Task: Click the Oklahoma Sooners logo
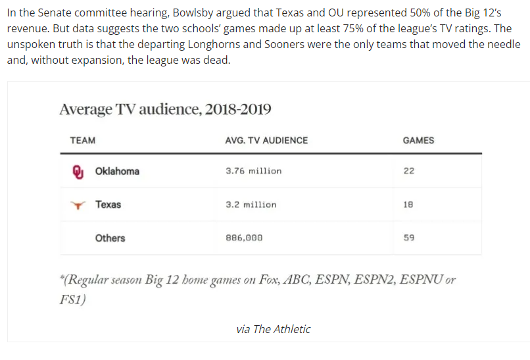(x=78, y=171)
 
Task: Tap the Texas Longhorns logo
(x=78, y=205)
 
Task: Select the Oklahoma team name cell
(x=117, y=171)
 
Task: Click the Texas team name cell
(x=108, y=205)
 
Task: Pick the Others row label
(x=110, y=238)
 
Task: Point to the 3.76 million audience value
(x=253, y=171)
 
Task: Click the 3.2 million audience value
(x=251, y=205)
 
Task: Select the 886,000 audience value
(x=244, y=238)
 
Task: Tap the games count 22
(x=409, y=171)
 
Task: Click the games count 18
(x=409, y=205)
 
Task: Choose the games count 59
(x=409, y=238)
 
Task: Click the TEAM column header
(x=82, y=140)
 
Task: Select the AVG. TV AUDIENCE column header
(x=266, y=140)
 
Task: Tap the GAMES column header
(x=418, y=140)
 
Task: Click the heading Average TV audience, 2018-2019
(x=165, y=109)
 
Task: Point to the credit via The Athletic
(x=273, y=329)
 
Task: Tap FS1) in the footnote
(x=72, y=299)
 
